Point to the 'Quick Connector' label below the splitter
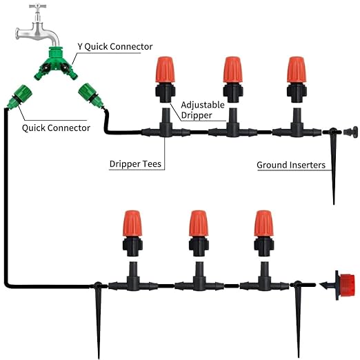coord(56,128)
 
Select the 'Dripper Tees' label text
coord(136,165)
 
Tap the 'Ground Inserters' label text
coord(290,165)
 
